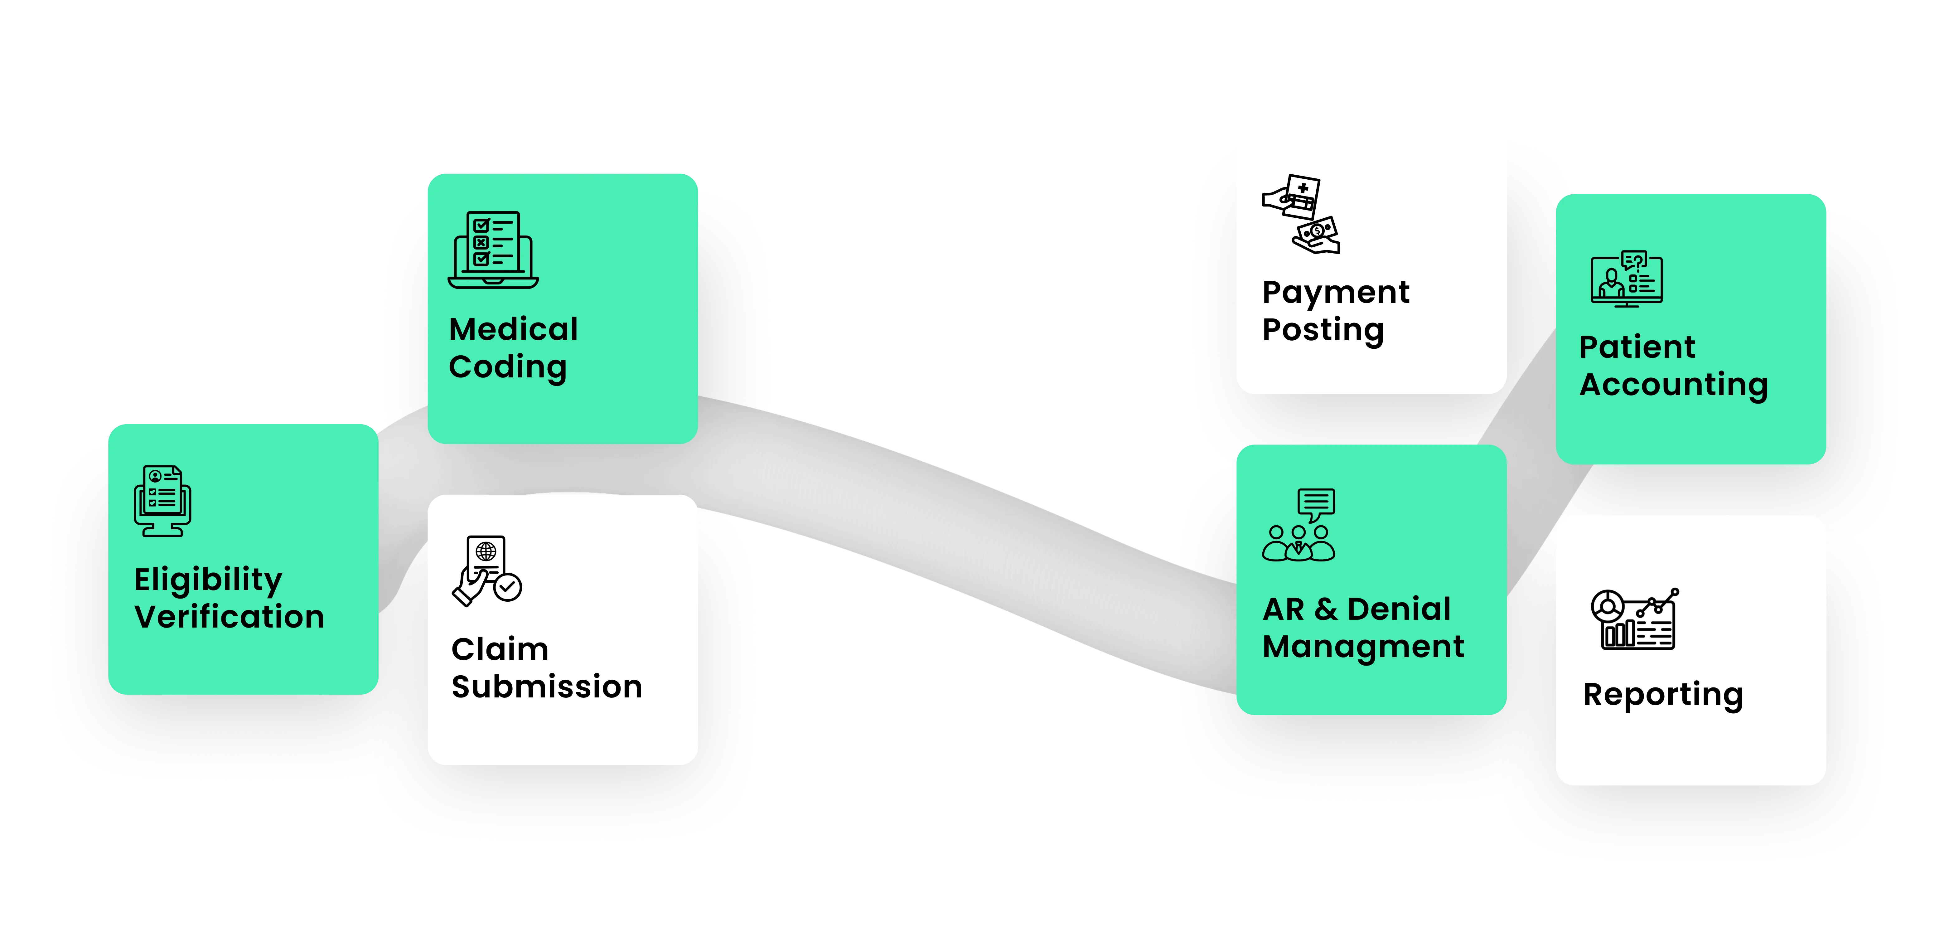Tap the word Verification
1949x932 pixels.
click(x=229, y=617)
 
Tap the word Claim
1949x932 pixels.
click(x=499, y=649)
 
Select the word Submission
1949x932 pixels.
click(x=546, y=687)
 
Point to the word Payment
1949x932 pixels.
click(x=1335, y=292)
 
